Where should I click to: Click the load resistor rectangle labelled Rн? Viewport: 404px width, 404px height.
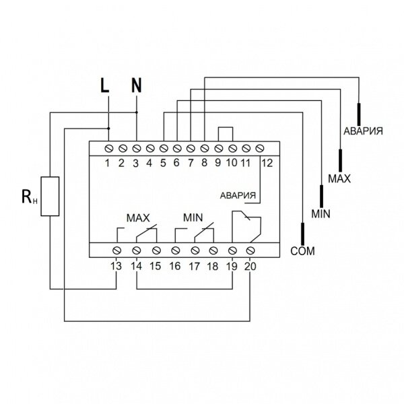coord(50,196)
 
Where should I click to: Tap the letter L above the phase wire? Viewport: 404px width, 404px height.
coord(104,86)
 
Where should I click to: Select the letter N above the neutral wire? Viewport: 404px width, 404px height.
coord(137,86)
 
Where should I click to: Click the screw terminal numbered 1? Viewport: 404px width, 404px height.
coord(109,148)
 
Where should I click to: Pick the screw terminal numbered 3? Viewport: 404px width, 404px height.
coord(136,148)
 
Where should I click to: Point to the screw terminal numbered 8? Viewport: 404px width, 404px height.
coord(205,148)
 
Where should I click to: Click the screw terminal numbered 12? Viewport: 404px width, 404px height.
coord(260,148)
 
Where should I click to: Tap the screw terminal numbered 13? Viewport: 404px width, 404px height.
coord(117,250)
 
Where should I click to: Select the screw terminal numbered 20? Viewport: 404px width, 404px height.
coord(250,250)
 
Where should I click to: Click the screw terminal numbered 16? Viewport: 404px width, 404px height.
coord(176,250)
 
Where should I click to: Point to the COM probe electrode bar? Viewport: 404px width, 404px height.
coord(303,234)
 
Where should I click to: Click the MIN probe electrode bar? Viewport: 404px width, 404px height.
coord(321,196)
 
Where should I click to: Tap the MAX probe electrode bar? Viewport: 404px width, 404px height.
coord(340,160)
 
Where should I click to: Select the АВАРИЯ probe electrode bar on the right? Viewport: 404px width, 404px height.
coord(359,114)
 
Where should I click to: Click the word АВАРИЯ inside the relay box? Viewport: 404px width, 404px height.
coord(238,196)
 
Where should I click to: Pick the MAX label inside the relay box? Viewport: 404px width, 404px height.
coord(138,218)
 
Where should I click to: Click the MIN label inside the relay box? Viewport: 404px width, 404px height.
coord(193,218)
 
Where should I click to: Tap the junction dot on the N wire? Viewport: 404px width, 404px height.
coord(137,112)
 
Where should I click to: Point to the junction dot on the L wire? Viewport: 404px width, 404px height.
coord(108,129)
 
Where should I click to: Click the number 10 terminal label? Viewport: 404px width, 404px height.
coord(232,163)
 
